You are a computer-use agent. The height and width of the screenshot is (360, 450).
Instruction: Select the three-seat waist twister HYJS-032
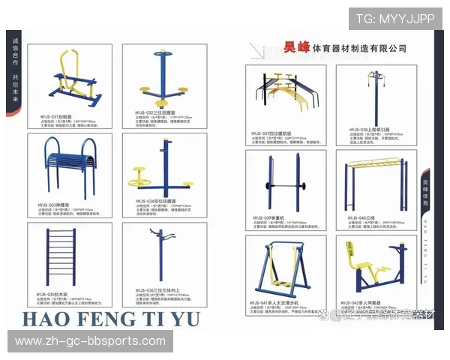(160, 82)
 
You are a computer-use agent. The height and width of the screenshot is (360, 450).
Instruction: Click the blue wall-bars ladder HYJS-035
(69, 252)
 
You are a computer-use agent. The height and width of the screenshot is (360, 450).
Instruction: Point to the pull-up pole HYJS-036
(160, 255)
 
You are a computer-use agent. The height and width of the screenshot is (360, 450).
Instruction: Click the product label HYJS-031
(55, 117)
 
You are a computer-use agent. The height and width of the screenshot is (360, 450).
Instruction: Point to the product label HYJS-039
(269, 216)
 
